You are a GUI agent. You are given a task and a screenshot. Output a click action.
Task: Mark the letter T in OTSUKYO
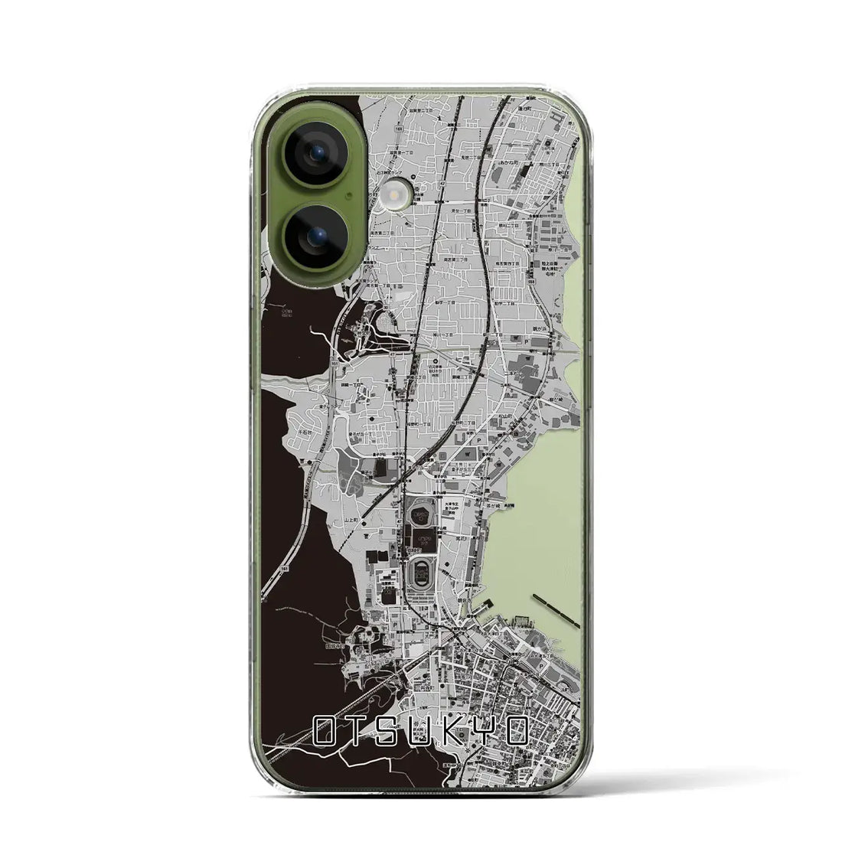[357, 733]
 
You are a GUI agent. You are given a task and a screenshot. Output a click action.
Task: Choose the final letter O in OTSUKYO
[516, 733]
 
